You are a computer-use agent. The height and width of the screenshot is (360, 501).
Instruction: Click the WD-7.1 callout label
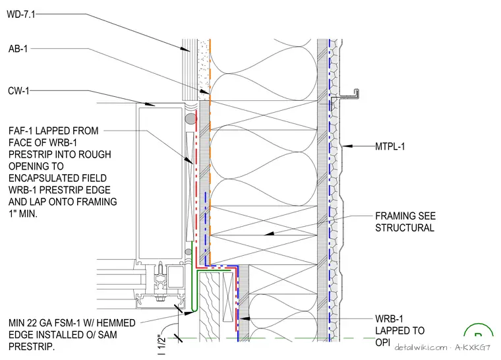coord(21,15)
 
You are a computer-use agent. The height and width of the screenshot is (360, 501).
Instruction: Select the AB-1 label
coord(18,49)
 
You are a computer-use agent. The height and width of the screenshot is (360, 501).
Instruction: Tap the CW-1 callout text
coord(18,91)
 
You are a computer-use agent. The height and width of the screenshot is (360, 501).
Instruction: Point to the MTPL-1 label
coord(390,146)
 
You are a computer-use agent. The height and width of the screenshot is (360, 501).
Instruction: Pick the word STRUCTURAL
coord(405,228)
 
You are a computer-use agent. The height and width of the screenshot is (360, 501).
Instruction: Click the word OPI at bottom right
coord(383,342)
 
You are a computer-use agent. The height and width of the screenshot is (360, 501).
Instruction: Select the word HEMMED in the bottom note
coord(115,323)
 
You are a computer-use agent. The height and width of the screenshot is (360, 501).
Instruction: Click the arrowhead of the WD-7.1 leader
coord(185,49)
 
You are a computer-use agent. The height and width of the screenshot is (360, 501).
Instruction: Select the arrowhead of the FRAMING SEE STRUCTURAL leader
coord(270,233)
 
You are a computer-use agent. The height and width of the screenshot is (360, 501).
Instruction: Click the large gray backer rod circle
coord(191,119)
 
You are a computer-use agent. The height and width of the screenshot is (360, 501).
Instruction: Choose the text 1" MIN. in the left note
coord(22,214)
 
